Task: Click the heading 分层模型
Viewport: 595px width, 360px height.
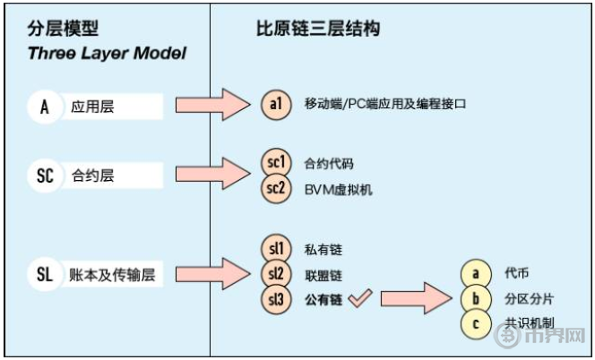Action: coord(64,29)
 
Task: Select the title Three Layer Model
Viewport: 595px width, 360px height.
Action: coord(107,53)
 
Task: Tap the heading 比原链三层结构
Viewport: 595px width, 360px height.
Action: coord(318,29)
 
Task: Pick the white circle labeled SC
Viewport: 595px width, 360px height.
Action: coord(45,175)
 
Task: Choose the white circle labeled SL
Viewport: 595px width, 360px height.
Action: coord(45,275)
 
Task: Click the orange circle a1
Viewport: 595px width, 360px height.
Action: coord(277,105)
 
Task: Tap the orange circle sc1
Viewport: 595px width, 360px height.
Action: coord(277,163)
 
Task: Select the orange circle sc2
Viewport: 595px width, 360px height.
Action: coord(277,189)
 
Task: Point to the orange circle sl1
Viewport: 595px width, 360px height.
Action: coord(277,249)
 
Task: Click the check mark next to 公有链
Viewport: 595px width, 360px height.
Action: coord(359,299)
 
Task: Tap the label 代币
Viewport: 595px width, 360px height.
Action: coord(518,272)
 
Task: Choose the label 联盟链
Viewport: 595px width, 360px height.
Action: coord(323,275)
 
